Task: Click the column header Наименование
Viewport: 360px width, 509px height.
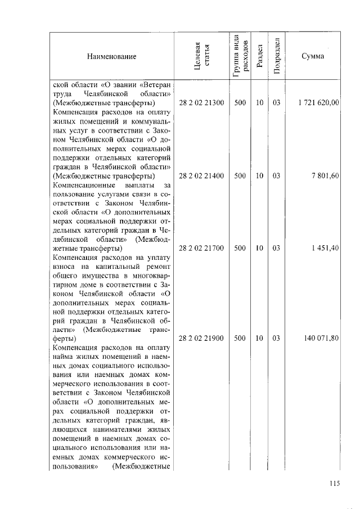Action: click(111, 57)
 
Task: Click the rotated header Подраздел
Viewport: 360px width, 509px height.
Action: click(276, 57)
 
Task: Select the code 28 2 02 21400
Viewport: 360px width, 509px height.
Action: click(201, 176)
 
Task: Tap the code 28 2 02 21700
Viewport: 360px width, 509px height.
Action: click(201, 249)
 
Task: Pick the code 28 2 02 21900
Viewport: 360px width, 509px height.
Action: click(201, 339)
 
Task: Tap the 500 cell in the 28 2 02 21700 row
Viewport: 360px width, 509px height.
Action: click(240, 249)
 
